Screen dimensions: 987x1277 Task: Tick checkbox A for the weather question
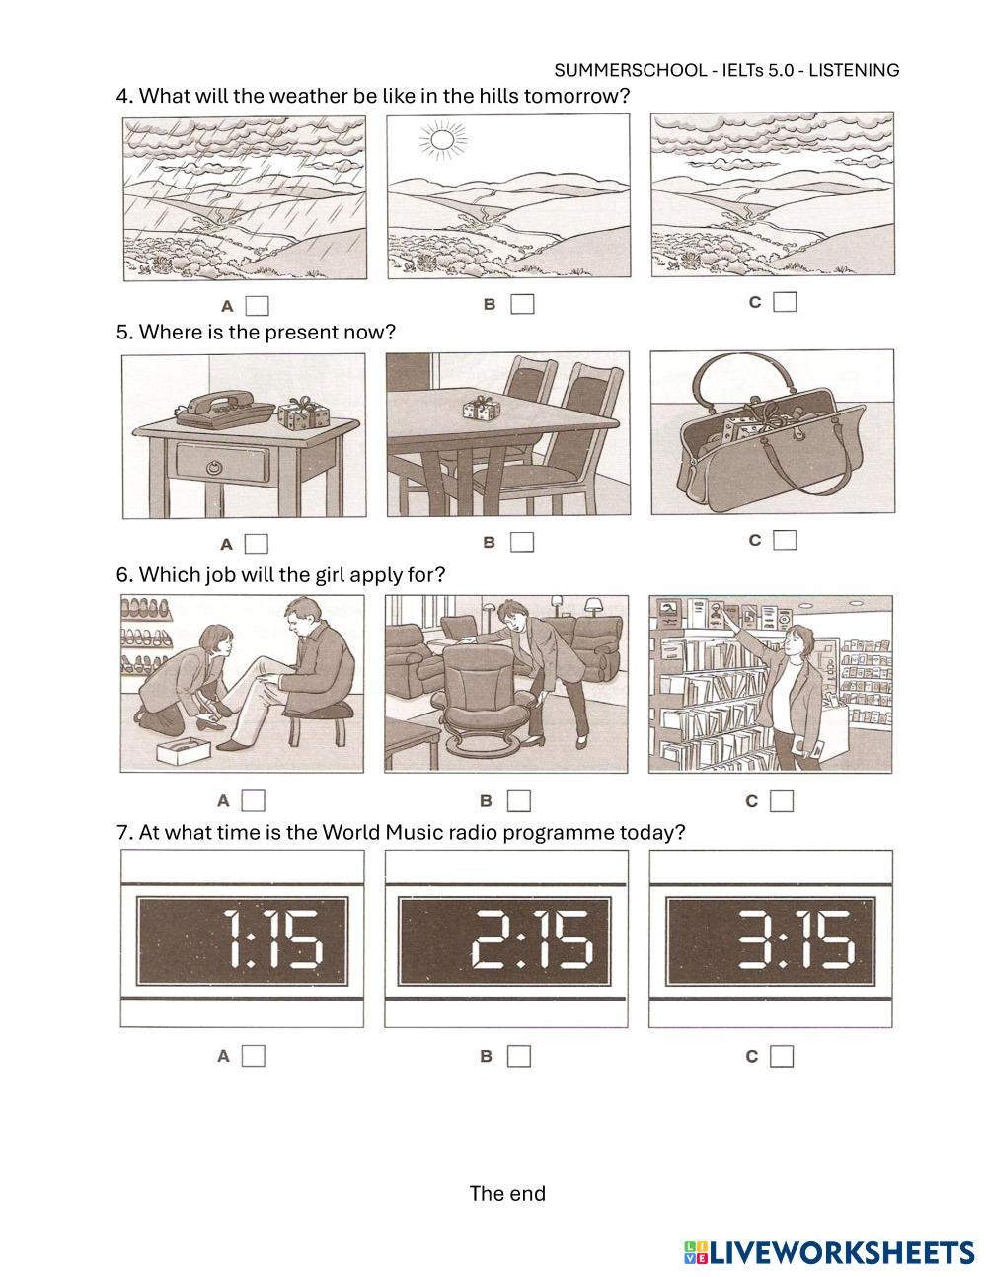coord(257,306)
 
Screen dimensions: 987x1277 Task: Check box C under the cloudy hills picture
coord(785,302)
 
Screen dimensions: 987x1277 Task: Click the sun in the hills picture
coord(442,140)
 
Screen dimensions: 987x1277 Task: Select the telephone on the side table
coord(226,409)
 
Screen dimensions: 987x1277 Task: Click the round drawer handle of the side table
coord(215,468)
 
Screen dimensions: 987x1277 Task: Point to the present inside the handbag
coord(747,424)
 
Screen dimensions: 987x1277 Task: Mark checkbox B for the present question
coord(522,542)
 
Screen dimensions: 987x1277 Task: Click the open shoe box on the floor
coord(184,752)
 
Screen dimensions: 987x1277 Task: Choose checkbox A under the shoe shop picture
coord(254,800)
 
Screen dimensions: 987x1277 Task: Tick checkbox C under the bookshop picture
coord(782,801)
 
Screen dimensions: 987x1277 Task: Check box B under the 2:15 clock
coord(519,1056)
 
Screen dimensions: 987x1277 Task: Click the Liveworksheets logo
coord(828,1253)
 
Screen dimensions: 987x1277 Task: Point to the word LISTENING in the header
coord(854,70)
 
